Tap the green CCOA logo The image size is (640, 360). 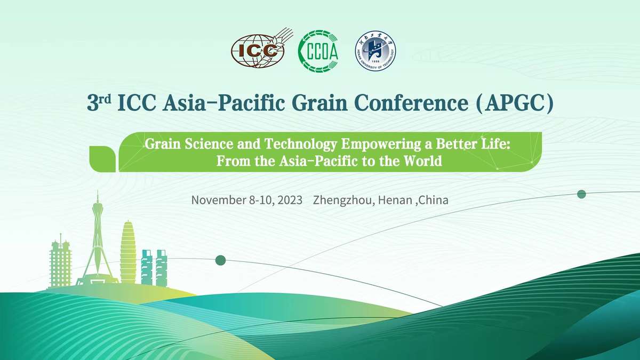point(318,51)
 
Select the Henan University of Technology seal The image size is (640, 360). point(375,51)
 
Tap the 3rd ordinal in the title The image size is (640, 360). point(99,103)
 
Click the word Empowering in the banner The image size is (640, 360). point(381,144)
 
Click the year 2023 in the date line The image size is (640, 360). point(290,200)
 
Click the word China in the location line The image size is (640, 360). point(434,200)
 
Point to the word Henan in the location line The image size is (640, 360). point(395,200)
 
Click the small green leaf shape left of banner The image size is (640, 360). point(102,159)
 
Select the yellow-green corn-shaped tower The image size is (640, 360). point(128,251)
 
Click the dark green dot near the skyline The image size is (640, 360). point(221,260)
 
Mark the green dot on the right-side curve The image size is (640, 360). point(581,194)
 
